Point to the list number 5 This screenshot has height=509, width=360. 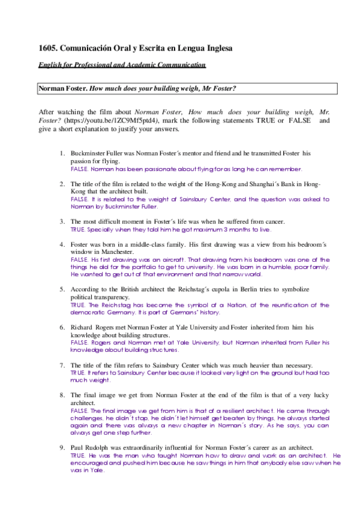tap(62, 289)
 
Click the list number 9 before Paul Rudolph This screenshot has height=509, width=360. tap(62, 447)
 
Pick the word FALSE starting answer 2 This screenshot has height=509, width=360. tap(79, 199)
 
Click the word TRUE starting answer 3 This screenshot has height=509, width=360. tap(77, 229)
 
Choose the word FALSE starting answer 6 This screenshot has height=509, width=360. tap(79, 342)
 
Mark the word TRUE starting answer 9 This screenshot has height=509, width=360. tap(77, 456)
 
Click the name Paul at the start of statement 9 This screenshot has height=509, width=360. tap(77, 447)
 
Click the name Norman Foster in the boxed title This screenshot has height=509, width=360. tap(62, 89)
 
